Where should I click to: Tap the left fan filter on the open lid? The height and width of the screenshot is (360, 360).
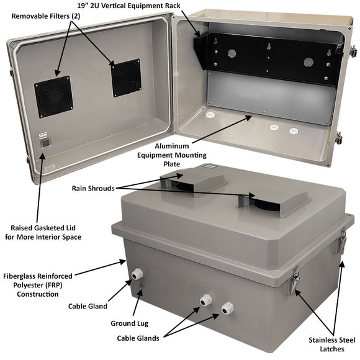click(x=53, y=96)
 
